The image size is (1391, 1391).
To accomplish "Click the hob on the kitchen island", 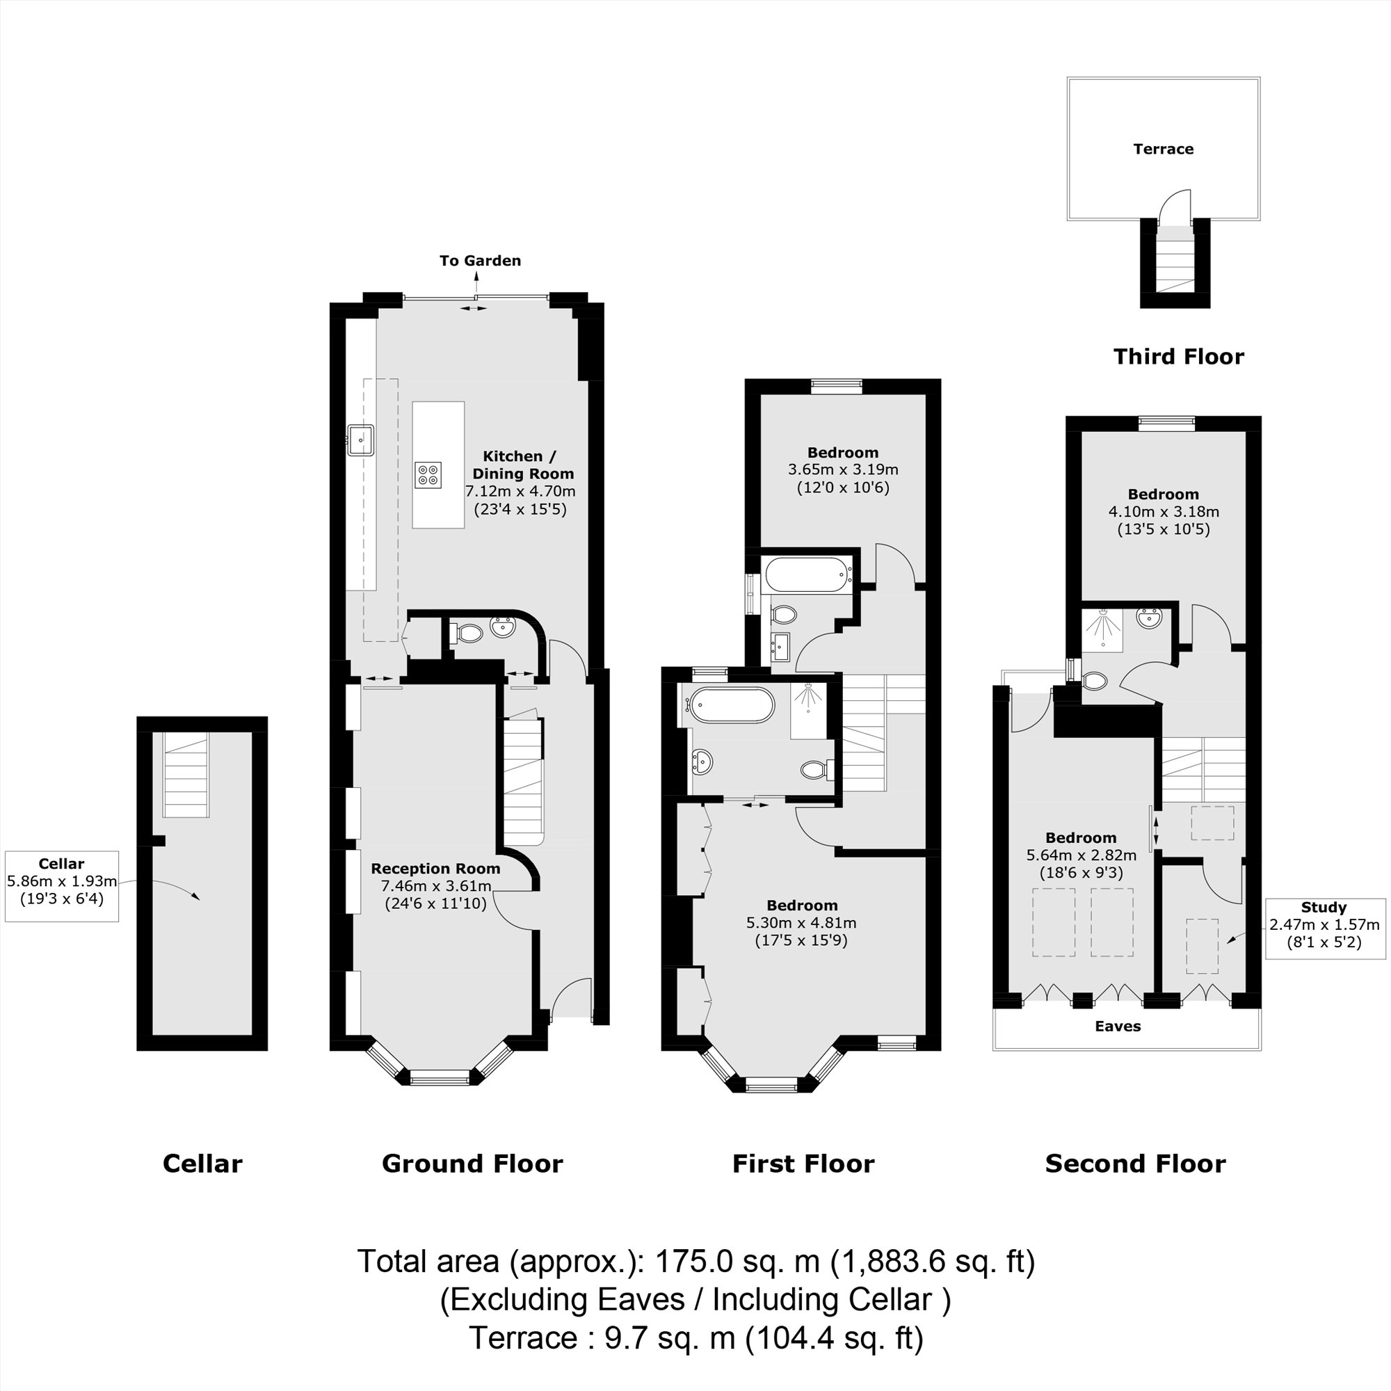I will click(x=428, y=474).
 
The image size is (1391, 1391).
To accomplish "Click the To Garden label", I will click(x=480, y=261).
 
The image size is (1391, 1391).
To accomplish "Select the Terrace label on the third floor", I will click(x=1163, y=149).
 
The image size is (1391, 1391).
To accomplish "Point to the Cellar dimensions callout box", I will click(x=62, y=885).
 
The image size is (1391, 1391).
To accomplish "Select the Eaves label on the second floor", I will click(x=1118, y=1026).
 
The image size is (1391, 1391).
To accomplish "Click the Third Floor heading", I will click(x=1179, y=356).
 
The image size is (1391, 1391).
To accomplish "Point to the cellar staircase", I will click(x=186, y=775).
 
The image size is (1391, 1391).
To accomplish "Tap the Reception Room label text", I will click(x=435, y=868).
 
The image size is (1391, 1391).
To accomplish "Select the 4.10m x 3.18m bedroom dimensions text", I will click(x=1163, y=512).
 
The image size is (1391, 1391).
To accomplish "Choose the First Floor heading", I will click(x=803, y=1164).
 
